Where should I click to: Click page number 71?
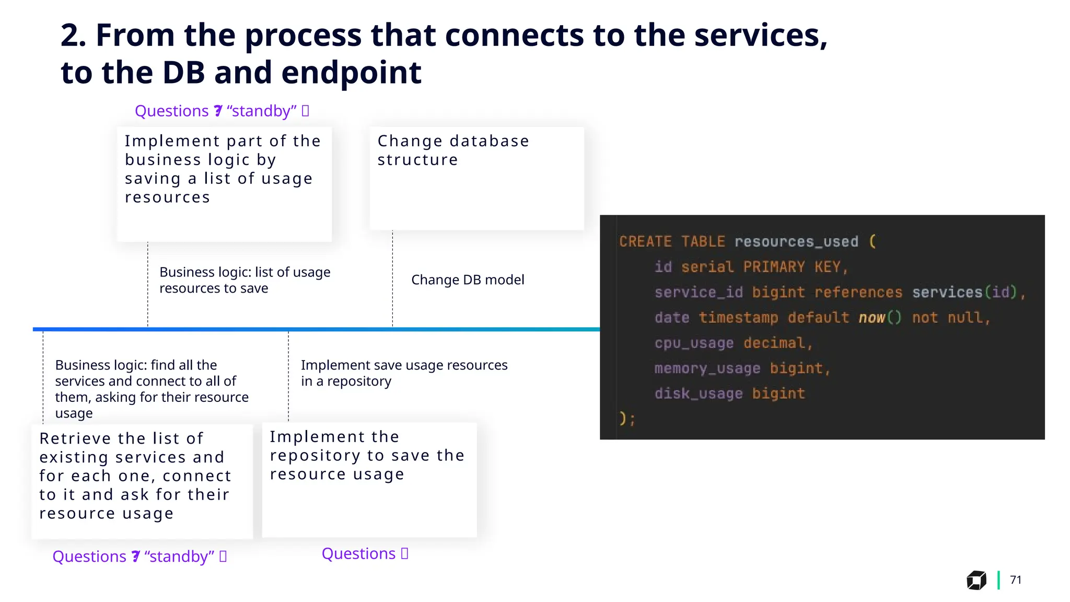(x=1015, y=580)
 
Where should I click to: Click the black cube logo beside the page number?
(x=976, y=580)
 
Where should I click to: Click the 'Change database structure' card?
(x=476, y=178)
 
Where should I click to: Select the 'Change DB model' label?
(x=467, y=280)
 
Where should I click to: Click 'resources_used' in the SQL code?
(x=796, y=241)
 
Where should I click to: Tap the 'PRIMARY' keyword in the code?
(x=774, y=267)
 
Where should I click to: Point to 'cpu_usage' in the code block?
(x=694, y=343)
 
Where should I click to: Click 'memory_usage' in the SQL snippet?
(x=707, y=368)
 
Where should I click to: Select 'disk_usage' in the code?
(x=698, y=393)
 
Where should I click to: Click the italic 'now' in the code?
(x=871, y=318)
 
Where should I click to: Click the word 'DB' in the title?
(x=183, y=72)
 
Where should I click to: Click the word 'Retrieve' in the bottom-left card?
(x=74, y=438)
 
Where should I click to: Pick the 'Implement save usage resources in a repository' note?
(x=403, y=373)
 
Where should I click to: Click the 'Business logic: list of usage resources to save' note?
(x=245, y=280)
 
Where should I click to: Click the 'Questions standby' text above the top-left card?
(x=222, y=111)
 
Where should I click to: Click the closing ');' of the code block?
(x=627, y=419)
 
